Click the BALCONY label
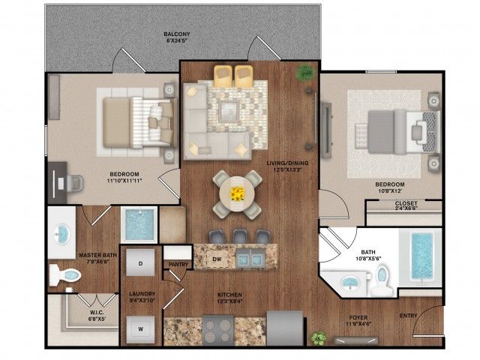pos(178,34)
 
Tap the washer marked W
pos(140,327)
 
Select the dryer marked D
pos(140,263)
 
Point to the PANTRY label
pos(178,264)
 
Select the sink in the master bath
pos(61,232)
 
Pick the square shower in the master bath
pos(138,224)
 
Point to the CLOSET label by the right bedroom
pos(406,202)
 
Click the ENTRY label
pos(409,316)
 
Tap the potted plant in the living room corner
pos(305,73)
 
